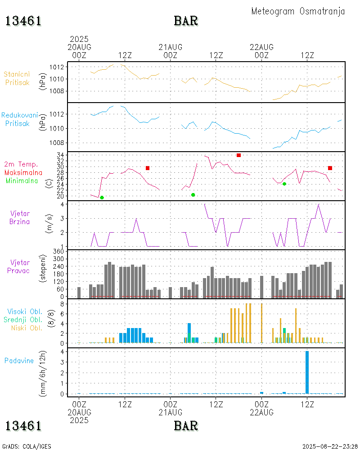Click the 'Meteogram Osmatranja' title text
tap(298, 11)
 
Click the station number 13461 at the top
tap(23, 21)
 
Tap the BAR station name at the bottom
tap(186, 425)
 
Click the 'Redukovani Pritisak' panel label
tap(19, 119)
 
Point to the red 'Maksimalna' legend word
tap(23, 172)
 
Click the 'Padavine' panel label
tap(19, 360)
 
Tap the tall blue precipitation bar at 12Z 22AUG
tap(307, 372)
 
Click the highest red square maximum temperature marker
tap(238, 155)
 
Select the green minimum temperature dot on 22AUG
tap(284, 184)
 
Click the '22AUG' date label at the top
tap(261, 47)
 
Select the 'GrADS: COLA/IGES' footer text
tap(27, 446)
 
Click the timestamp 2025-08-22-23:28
tap(330, 446)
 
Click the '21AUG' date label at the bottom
tap(171, 412)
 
